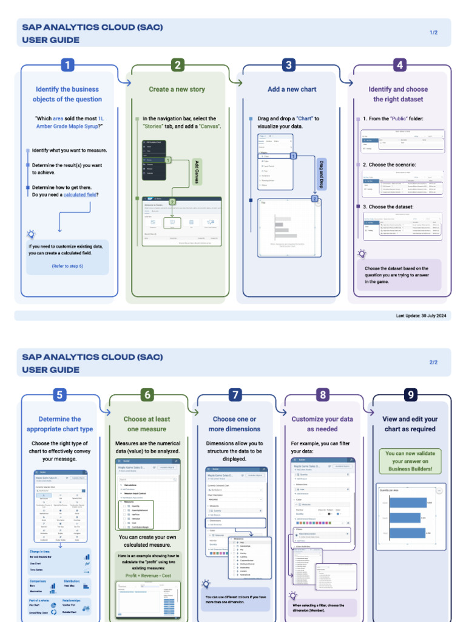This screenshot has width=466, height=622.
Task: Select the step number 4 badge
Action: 399,65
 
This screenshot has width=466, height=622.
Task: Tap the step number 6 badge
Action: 147,395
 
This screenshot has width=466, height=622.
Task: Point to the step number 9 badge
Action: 411,395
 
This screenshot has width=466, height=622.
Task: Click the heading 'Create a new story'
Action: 177,89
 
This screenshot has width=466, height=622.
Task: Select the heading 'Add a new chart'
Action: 292,89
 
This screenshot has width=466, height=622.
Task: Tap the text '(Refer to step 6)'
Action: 67,266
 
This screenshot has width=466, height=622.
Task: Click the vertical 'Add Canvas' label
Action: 196,173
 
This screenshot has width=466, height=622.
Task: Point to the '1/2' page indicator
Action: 433,32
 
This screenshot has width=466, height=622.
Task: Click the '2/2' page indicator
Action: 433,362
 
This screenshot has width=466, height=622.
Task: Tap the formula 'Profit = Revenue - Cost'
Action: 147,574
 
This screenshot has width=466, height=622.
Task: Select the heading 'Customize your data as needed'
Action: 322,424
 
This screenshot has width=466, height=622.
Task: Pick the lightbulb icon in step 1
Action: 31,234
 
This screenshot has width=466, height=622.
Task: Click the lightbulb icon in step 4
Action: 362,254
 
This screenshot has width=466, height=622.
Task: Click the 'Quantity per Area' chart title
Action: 390,490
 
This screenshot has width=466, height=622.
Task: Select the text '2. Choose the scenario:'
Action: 388,165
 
